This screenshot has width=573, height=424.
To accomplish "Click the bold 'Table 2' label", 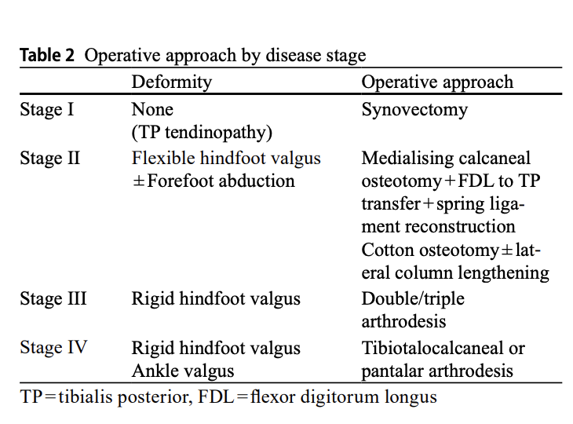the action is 47,55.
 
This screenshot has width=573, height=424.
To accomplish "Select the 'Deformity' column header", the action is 172,82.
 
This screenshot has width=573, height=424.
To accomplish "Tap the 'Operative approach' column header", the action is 437,82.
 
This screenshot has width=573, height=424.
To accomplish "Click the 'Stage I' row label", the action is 47,109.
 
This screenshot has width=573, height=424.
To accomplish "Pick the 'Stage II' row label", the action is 49,159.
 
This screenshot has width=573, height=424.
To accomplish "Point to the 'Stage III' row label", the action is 53,298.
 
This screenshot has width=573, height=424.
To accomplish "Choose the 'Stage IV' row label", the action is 53,347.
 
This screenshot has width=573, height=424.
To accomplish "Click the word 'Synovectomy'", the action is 414,110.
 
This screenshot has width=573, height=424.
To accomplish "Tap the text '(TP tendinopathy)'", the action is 202,133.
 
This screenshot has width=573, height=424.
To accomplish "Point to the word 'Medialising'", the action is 407,159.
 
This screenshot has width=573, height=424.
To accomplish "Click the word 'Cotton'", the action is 388,250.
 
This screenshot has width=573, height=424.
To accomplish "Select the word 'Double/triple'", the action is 413,299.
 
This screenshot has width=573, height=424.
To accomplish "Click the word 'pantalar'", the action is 392,371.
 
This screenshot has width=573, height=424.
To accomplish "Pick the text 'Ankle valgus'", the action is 183,371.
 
